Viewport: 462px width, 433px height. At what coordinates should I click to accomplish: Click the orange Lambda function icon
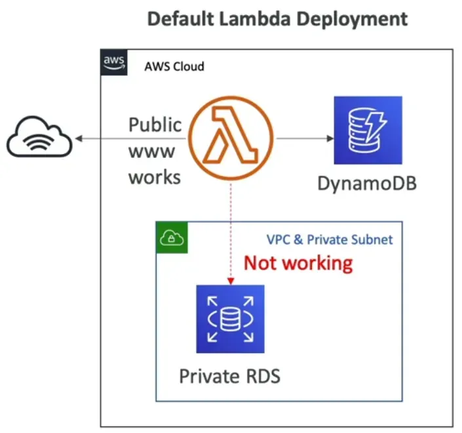[231, 138]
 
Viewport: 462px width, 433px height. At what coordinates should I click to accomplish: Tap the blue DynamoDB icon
[367, 130]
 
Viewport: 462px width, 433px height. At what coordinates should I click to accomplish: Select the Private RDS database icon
[230, 319]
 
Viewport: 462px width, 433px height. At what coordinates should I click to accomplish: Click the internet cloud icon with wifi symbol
[40, 138]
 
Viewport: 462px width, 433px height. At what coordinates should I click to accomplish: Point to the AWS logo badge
[115, 62]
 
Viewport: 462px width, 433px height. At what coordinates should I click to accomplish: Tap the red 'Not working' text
[298, 263]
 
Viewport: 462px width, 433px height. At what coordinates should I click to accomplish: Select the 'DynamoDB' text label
[367, 183]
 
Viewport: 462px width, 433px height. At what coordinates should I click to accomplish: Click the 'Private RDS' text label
[229, 377]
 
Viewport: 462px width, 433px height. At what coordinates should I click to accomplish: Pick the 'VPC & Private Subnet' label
[330, 240]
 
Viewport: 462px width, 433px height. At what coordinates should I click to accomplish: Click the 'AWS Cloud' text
[174, 67]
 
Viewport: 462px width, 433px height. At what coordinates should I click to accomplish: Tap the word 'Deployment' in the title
[352, 20]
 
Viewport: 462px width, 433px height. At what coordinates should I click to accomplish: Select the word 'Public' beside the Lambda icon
[155, 125]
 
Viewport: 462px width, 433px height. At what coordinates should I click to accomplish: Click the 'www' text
[151, 151]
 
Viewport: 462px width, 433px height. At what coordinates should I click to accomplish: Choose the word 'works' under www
[154, 177]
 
